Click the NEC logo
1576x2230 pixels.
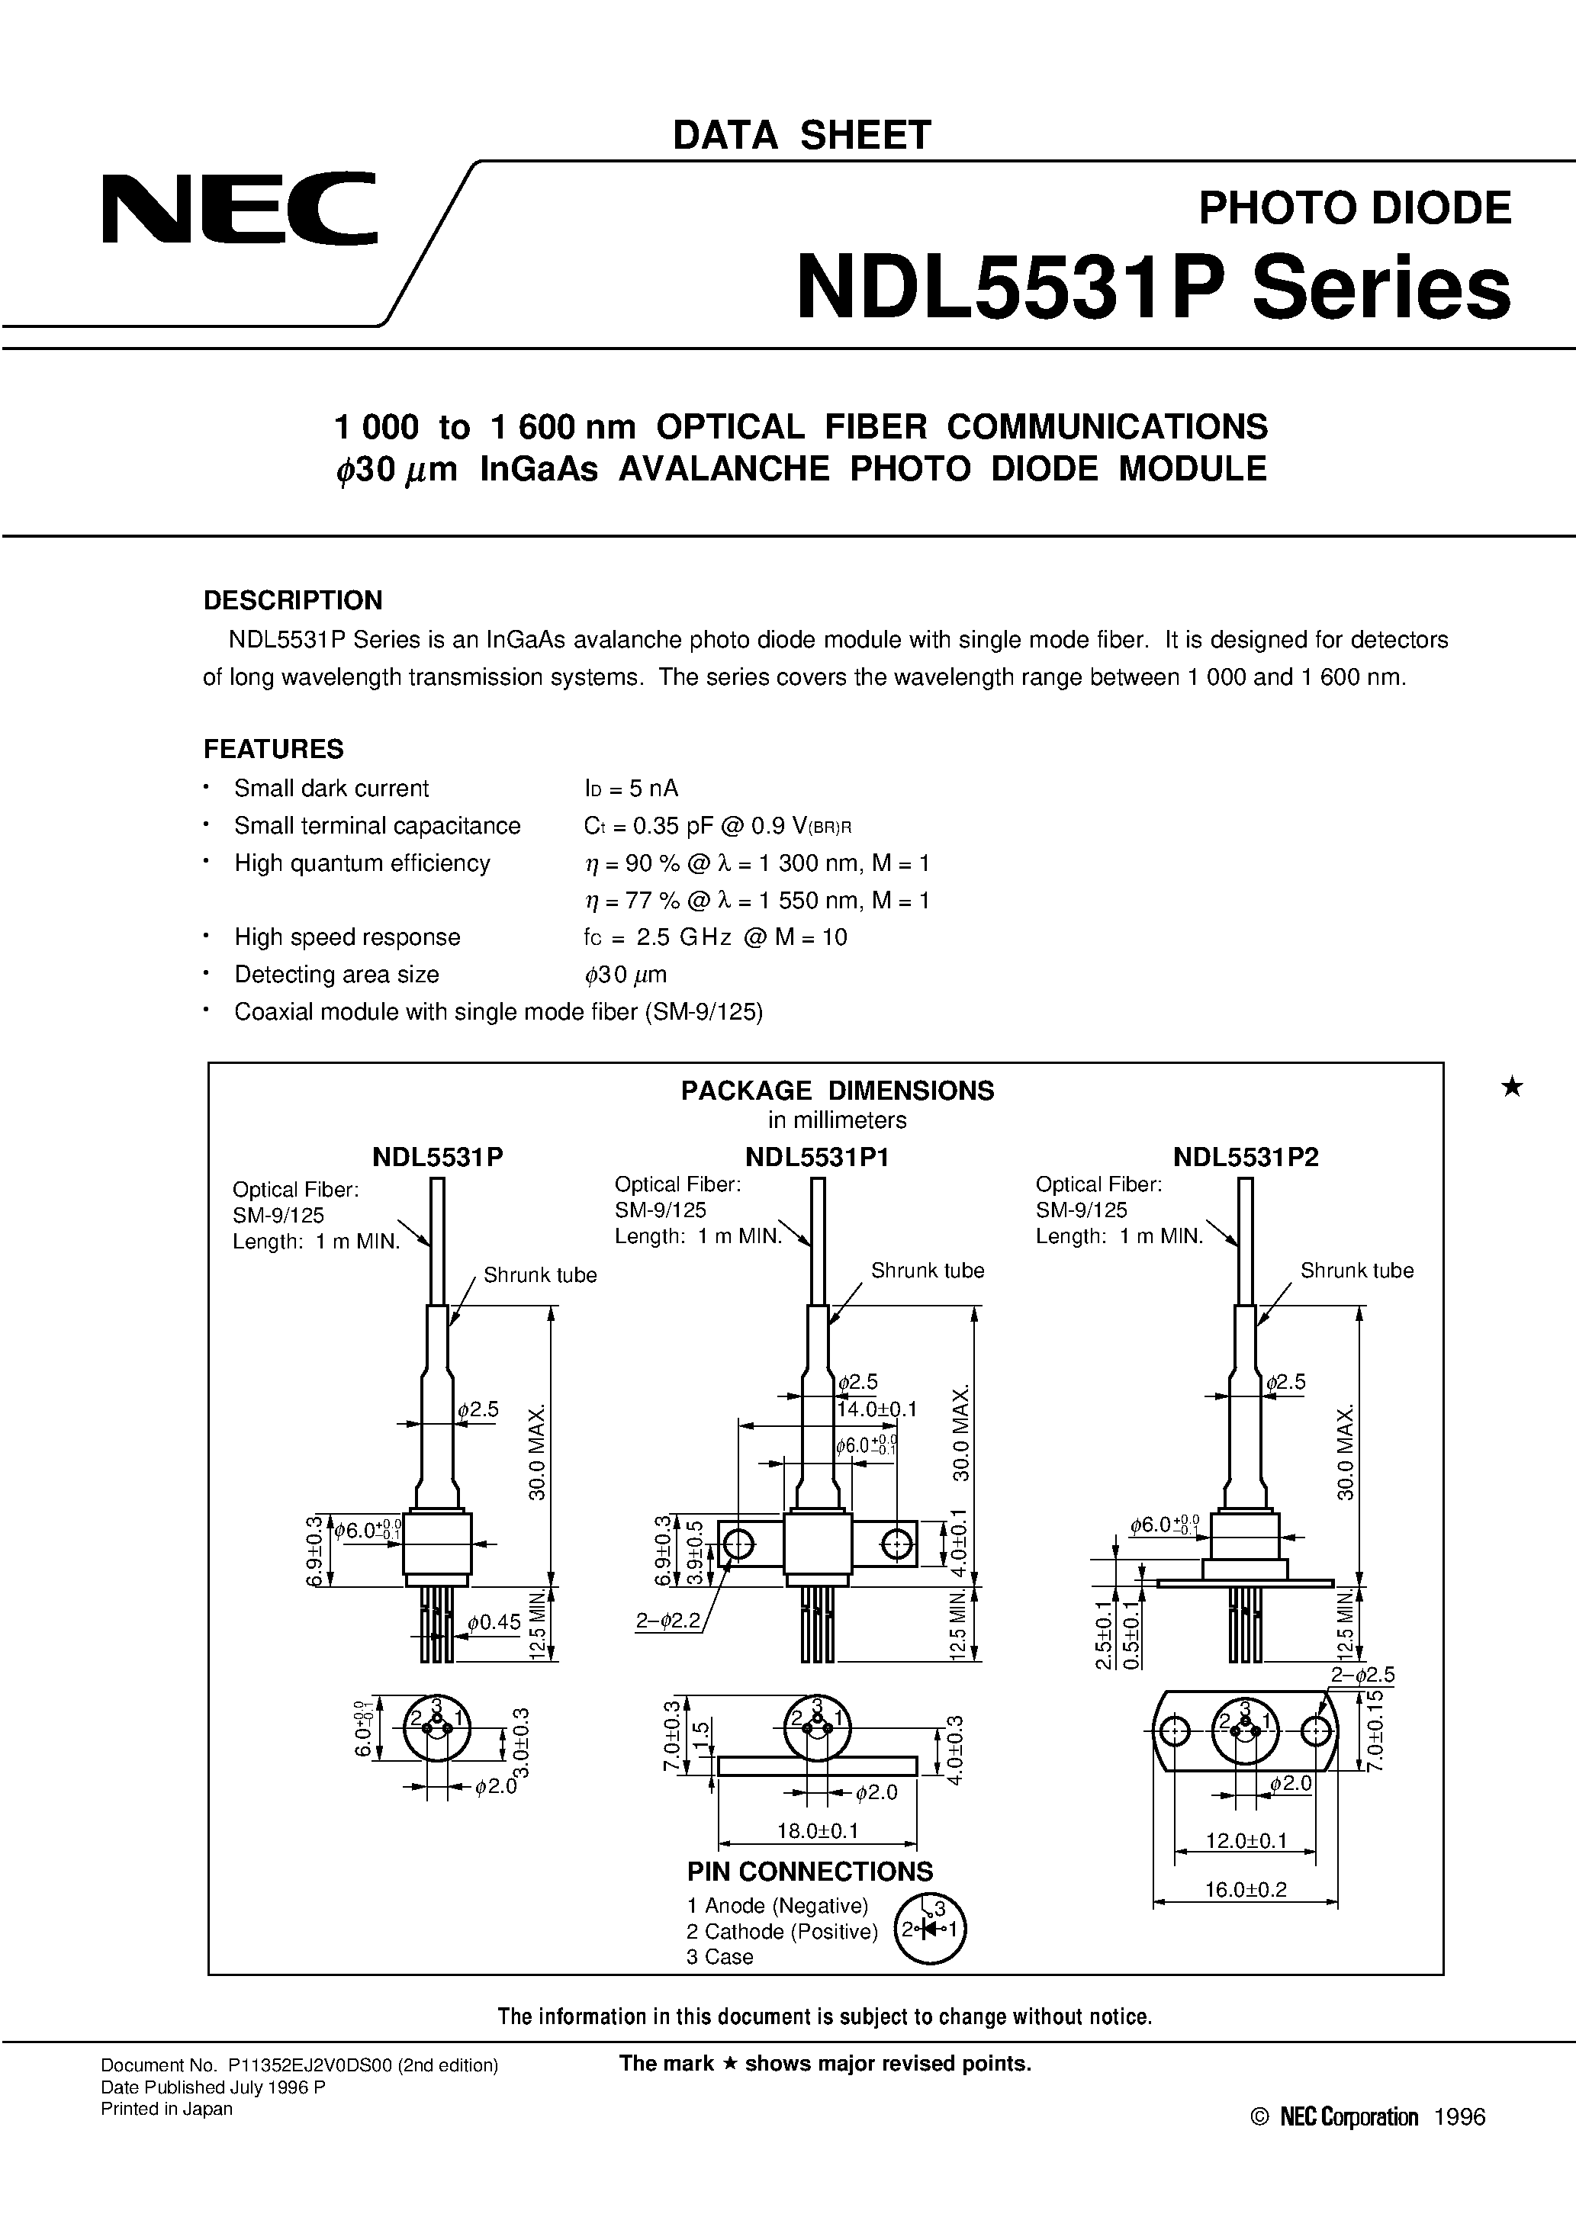pyautogui.click(x=239, y=208)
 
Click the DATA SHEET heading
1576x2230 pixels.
pyautogui.click(x=802, y=135)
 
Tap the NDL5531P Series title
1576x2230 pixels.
pyautogui.click(x=1153, y=288)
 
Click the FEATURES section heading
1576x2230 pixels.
pyautogui.click(x=273, y=749)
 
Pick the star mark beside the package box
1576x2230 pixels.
pyautogui.click(x=1512, y=1087)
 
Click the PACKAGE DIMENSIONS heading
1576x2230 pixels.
pyautogui.click(x=837, y=1090)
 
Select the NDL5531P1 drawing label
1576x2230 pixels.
pyautogui.click(x=817, y=1157)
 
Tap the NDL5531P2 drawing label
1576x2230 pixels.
pyautogui.click(x=1246, y=1157)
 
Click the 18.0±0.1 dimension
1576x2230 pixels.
pyautogui.click(x=817, y=1831)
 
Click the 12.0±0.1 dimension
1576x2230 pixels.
pyautogui.click(x=1246, y=1840)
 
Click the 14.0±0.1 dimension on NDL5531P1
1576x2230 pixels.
pyautogui.click(x=876, y=1409)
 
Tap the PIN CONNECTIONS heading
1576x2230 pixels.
pyautogui.click(x=809, y=1872)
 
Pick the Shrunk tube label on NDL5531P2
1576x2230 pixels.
pyautogui.click(x=1356, y=1271)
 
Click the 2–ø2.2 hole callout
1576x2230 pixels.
pyautogui.click(x=667, y=1621)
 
